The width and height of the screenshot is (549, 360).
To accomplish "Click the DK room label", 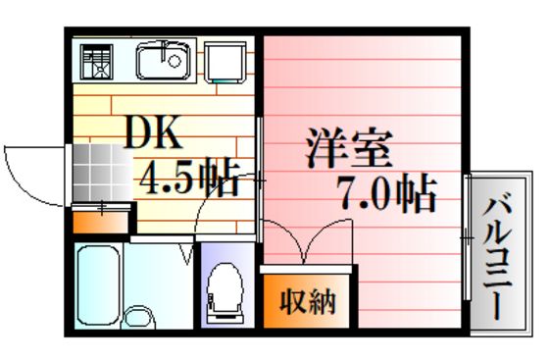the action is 153,132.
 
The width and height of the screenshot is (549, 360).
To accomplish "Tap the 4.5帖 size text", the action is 189,178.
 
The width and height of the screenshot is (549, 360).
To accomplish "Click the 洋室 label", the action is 349,148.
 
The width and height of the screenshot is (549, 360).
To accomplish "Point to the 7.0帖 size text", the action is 387,192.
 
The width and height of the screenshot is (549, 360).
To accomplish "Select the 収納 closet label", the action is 308,301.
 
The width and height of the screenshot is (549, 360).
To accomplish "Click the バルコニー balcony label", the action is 497,258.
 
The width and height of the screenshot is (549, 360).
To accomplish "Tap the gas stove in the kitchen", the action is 96,62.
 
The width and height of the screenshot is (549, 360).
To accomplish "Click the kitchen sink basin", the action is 164,61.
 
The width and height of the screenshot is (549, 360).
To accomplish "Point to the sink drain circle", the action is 175,61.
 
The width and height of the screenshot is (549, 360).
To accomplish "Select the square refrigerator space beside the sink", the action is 225,63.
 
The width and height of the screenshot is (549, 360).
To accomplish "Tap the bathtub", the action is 98,285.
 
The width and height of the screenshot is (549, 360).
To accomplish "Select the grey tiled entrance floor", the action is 102,173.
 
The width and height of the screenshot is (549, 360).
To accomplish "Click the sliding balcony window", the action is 467,237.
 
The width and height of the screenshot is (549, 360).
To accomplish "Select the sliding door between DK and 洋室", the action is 260,180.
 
